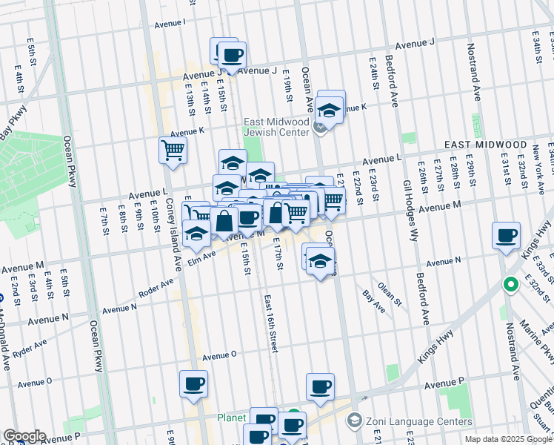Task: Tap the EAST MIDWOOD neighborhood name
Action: [485, 145]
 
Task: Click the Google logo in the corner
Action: [24, 436]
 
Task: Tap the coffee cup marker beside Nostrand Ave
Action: [506, 237]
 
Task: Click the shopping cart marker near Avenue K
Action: [173, 151]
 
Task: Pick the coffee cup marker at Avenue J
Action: [231, 55]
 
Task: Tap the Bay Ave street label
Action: [373, 300]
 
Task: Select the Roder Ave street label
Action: [156, 287]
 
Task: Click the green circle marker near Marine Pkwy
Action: [510, 284]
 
